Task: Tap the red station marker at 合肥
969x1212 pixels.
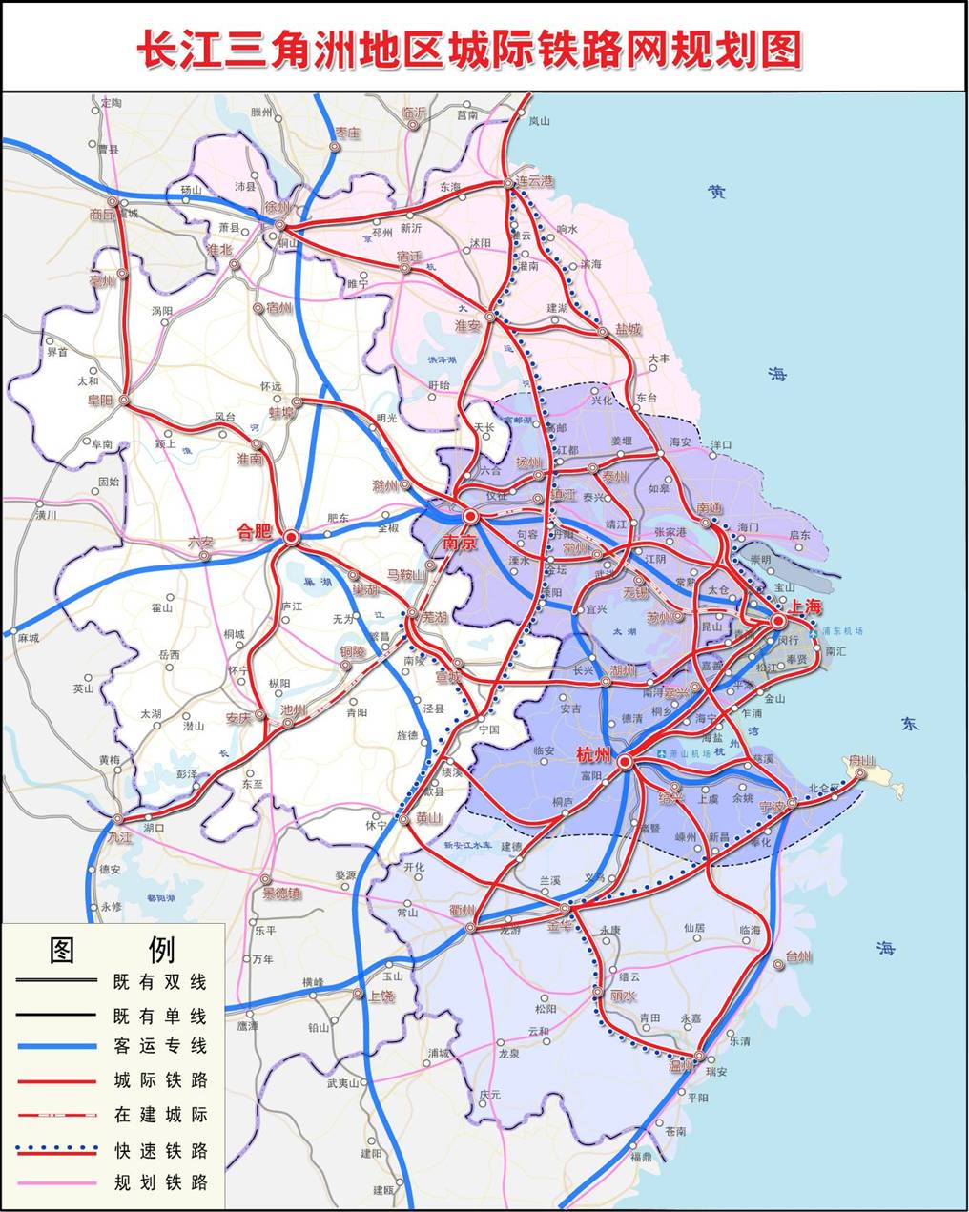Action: (291, 538)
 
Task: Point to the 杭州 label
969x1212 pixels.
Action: (594, 754)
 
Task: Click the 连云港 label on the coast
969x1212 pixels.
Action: (534, 181)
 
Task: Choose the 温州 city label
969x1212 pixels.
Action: (683, 1065)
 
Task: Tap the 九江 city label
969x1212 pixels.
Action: (119, 836)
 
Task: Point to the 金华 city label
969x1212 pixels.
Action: (561, 924)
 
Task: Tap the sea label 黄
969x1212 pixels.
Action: (716, 192)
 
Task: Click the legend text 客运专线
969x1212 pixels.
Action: (159, 1046)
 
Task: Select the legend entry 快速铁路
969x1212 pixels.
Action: (159, 1150)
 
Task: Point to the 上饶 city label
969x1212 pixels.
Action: (381, 996)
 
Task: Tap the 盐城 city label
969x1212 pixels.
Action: (628, 329)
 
